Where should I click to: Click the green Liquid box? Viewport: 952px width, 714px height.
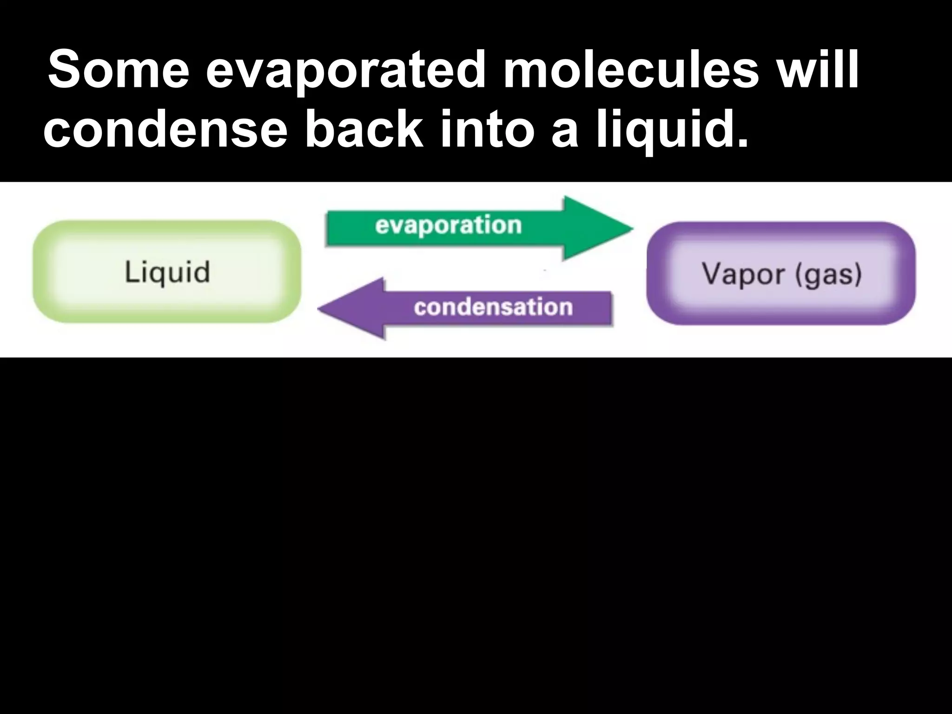click(167, 271)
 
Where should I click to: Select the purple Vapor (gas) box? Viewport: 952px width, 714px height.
click(781, 273)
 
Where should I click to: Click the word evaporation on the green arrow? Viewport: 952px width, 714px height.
click(448, 225)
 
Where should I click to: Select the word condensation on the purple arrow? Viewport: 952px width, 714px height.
click(493, 307)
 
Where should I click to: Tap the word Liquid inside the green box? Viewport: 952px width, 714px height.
click(167, 272)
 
